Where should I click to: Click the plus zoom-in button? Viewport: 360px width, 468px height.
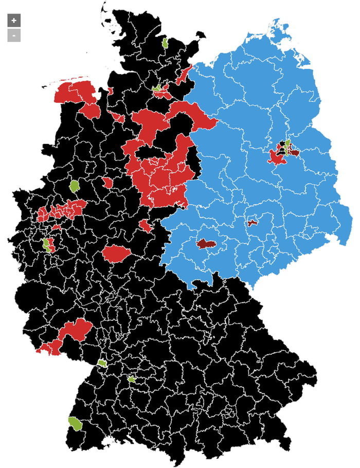click(14, 21)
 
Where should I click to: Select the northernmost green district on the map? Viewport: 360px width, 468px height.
click(165, 43)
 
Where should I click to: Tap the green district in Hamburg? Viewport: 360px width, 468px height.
click(157, 88)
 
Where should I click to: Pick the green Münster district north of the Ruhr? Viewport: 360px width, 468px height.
click(75, 186)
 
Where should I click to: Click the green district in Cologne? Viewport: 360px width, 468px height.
click(46, 244)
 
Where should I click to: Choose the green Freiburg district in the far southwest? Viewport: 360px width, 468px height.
click(76, 423)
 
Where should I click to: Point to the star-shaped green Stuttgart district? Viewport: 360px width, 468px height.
click(132, 380)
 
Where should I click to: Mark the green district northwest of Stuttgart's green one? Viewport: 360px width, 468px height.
click(102, 363)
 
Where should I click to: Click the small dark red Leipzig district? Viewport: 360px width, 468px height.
click(252, 223)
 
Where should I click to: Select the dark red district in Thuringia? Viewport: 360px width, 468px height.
click(206, 244)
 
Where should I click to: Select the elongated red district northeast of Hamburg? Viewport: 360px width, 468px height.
click(184, 76)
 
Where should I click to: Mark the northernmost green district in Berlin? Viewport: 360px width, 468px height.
click(288, 142)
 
